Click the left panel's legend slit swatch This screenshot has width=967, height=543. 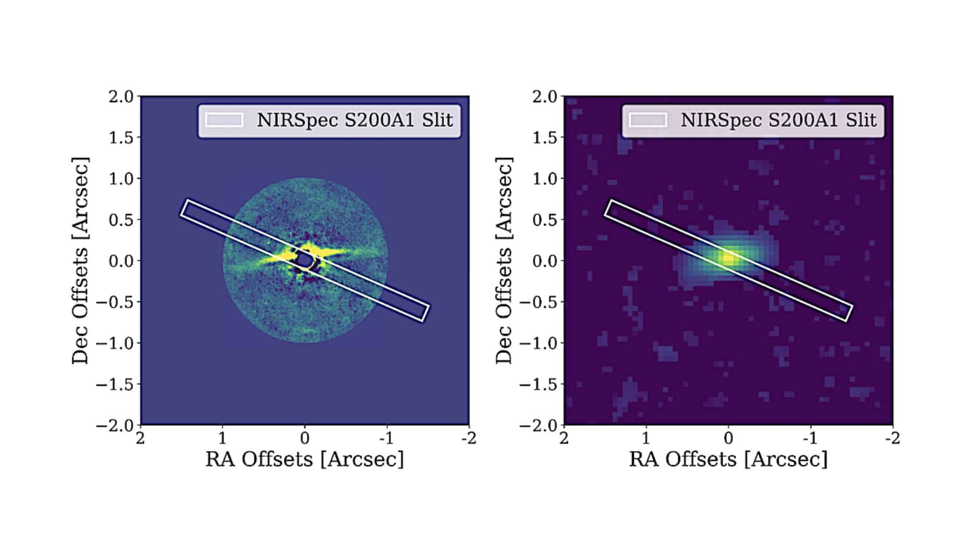click(224, 120)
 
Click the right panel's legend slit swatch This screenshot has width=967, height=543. click(648, 120)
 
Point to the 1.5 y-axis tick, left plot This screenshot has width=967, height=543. click(121, 137)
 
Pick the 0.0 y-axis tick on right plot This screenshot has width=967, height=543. click(545, 260)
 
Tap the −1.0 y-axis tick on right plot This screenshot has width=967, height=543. click(539, 343)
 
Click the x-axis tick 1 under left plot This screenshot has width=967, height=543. click(222, 438)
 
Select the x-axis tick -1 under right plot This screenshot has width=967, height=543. click(810, 438)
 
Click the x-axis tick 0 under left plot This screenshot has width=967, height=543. click(305, 438)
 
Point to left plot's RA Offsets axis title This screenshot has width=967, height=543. click(305, 459)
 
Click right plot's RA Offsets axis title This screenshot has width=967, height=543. click(728, 459)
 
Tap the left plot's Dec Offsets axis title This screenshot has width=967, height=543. click(80, 260)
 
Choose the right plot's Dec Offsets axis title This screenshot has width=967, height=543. click(504, 260)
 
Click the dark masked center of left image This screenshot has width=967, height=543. click(304, 259)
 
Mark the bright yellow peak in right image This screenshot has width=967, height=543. click(729, 258)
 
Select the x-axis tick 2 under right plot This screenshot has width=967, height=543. click(564, 438)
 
